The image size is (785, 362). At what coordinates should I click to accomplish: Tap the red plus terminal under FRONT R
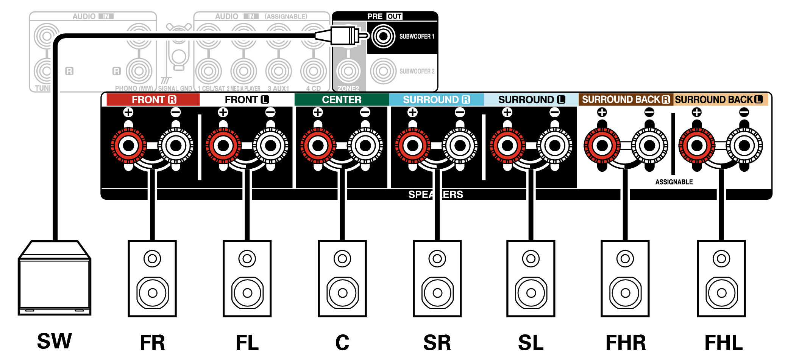tap(128, 146)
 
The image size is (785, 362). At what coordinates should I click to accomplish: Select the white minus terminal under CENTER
tap(365, 146)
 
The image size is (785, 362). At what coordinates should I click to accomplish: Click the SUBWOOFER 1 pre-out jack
tap(383, 36)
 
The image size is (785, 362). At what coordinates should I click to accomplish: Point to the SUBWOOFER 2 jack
tap(383, 71)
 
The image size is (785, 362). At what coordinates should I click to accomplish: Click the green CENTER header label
tap(342, 99)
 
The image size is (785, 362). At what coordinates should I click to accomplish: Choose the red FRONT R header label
tap(153, 99)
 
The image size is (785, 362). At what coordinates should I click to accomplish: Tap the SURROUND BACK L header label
tap(719, 99)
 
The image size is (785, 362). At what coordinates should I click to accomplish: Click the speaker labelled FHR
tap(625, 278)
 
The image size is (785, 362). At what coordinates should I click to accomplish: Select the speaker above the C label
tap(342, 278)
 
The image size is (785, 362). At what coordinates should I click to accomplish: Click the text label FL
tap(247, 343)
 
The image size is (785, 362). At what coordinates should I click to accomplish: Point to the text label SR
tap(437, 343)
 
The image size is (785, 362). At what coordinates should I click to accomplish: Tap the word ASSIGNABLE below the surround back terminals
tap(674, 182)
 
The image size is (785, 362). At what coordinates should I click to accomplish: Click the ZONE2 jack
tap(348, 71)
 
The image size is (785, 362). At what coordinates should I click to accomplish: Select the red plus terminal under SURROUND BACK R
tap(602, 146)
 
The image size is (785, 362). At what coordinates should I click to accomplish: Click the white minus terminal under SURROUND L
tap(554, 146)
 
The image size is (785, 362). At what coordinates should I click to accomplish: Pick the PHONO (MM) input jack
tap(139, 71)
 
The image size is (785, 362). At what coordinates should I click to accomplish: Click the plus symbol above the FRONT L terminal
tap(223, 112)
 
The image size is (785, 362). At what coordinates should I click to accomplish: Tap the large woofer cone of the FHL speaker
tap(721, 293)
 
